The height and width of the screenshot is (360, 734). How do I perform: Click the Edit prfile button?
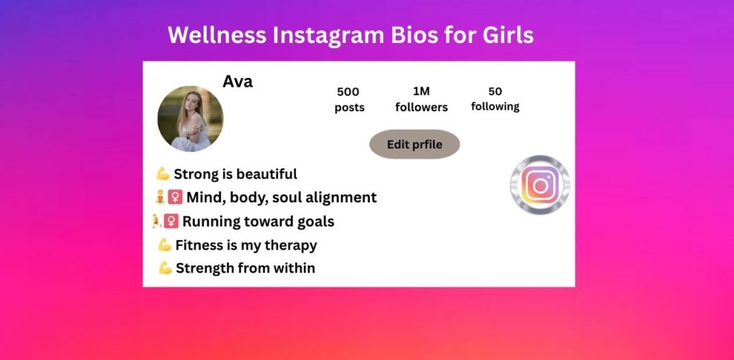[x=414, y=144]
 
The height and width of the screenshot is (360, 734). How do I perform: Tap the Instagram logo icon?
[x=540, y=184]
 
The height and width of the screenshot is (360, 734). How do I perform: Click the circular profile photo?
[x=190, y=119]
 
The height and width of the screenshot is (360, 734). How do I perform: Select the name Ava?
[x=237, y=82]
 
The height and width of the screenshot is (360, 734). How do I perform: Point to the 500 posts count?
[x=348, y=92]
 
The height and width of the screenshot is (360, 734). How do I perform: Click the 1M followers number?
[x=421, y=91]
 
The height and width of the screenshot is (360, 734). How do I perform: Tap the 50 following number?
[x=495, y=91]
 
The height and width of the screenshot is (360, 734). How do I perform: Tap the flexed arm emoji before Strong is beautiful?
[x=163, y=174]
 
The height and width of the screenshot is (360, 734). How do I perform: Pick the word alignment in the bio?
[x=342, y=197]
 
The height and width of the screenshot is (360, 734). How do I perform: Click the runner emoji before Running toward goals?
[x=156, y=221]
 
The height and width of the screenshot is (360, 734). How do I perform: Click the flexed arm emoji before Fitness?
[x=165, y=245]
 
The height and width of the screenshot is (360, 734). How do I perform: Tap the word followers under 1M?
[x=421, y=107]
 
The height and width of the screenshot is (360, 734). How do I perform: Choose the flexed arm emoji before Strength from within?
[x=165, y=268]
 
